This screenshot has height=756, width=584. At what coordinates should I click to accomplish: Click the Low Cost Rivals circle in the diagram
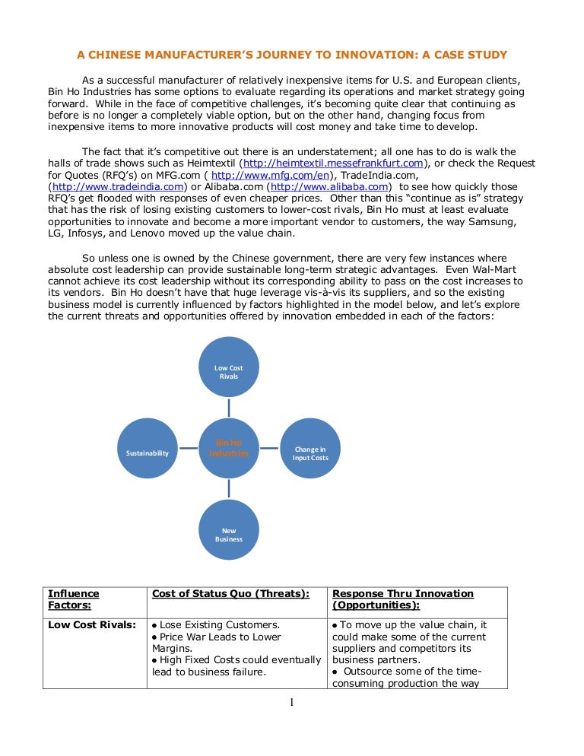(229, 367)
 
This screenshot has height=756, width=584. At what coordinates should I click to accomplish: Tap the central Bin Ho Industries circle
(229, 448)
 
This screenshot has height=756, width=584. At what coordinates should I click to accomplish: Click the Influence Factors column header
(73, 599)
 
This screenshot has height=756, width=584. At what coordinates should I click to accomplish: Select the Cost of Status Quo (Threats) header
(231, 593)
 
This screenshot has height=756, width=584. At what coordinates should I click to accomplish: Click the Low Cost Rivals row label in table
(92, 625)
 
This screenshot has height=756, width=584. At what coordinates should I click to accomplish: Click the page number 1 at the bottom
(291, 702)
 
